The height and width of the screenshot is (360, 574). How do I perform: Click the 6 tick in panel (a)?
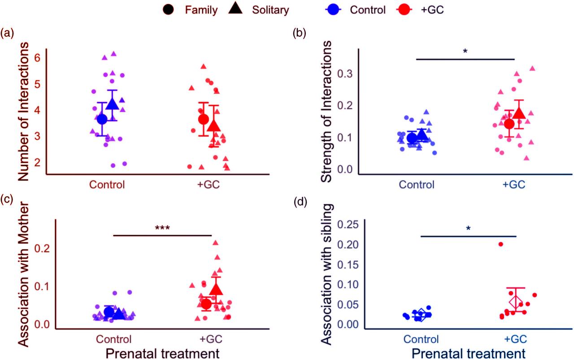coord(38,58)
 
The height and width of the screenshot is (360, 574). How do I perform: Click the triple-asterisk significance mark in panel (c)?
coord(162,228)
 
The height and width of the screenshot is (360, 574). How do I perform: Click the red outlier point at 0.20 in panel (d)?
coord(500,244)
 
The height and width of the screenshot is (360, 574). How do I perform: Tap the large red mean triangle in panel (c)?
coord(216,289)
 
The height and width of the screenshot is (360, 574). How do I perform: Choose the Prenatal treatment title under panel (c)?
coord(162,353)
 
